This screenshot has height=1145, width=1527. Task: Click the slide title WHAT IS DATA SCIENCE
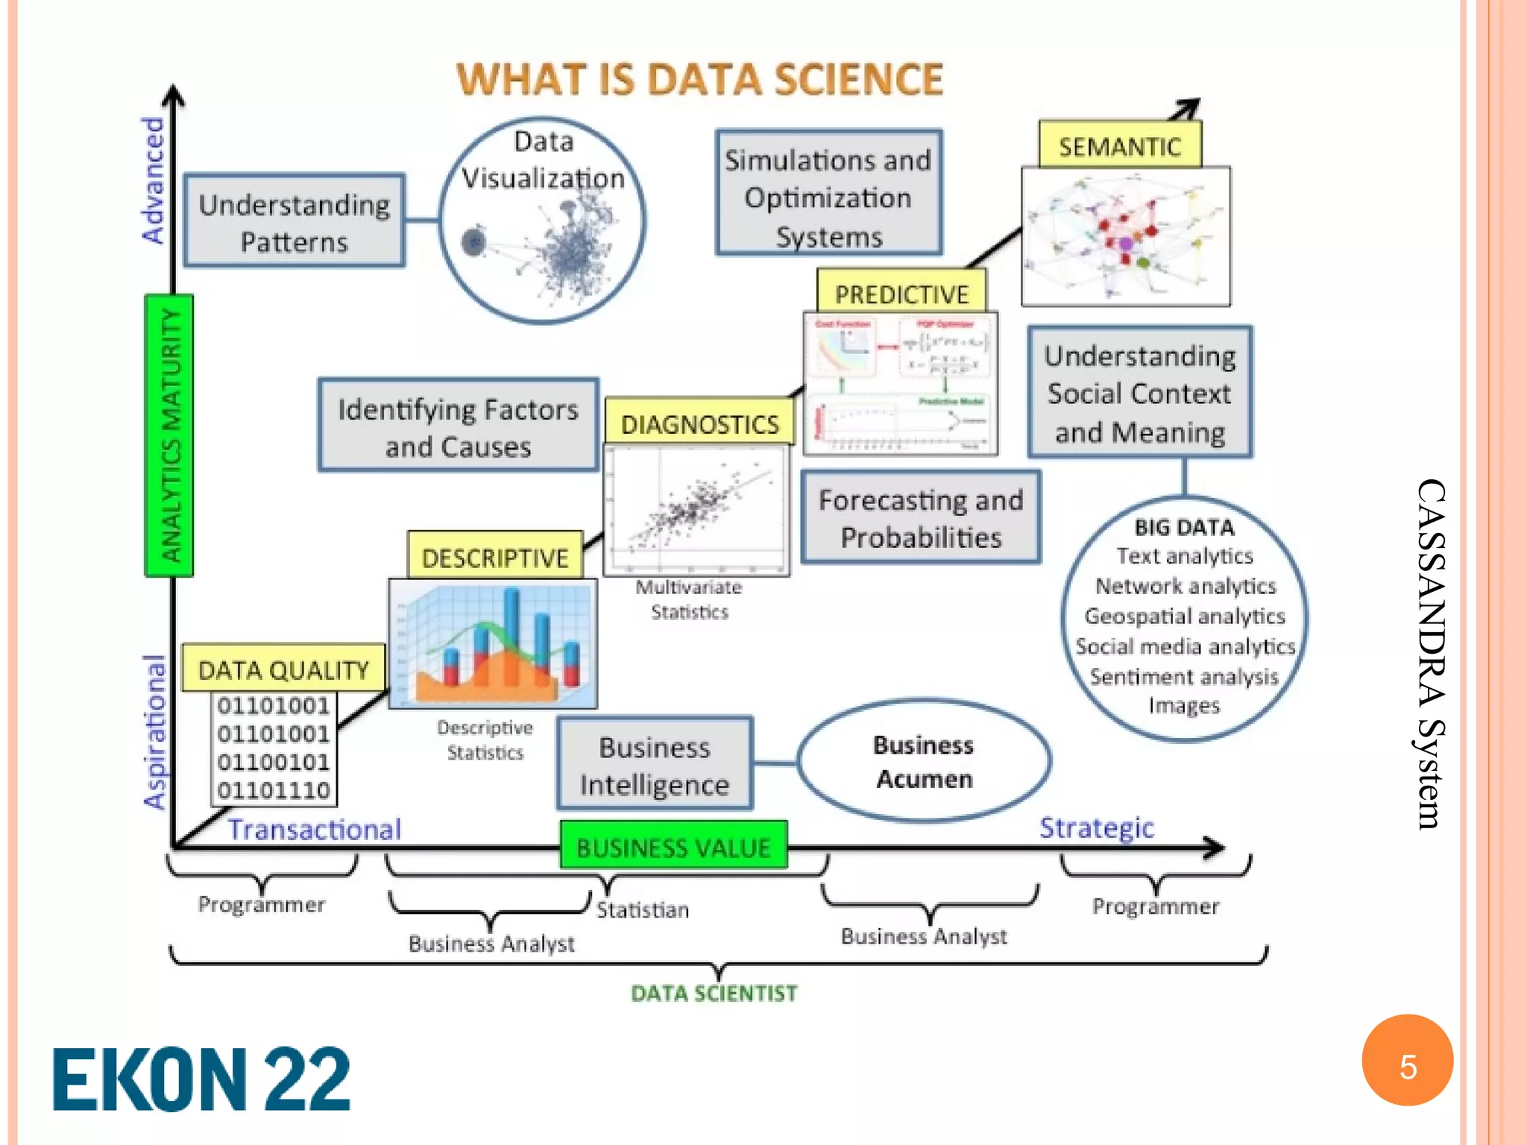(699, 79)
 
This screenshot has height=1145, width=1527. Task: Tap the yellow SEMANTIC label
(1119, 146)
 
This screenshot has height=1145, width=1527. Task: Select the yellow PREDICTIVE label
(901, 294)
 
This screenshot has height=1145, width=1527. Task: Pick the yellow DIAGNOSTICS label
(699, 423)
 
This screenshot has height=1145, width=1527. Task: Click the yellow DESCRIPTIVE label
(495, 557)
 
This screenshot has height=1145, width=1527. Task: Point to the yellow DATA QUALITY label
(283, 669)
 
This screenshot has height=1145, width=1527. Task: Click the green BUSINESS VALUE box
(673, 847)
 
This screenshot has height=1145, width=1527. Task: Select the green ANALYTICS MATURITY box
(169, 435)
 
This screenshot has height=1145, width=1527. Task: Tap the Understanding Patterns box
(295, 222)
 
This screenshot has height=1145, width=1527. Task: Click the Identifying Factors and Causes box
(458, 426)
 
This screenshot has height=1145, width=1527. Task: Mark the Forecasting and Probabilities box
(921, 517)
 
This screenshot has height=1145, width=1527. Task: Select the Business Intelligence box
(655, 765)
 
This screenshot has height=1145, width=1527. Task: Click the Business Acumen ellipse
(924, 761)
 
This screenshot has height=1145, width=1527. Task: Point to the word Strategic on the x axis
(1096, 827)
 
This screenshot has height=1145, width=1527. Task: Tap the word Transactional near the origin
(314, 829)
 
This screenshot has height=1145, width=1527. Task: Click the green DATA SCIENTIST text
(714, 993)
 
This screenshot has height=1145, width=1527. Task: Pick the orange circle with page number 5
(1407, 1062)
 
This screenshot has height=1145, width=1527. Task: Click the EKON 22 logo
(201, 1079)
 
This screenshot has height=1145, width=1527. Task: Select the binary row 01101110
(274, 790)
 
